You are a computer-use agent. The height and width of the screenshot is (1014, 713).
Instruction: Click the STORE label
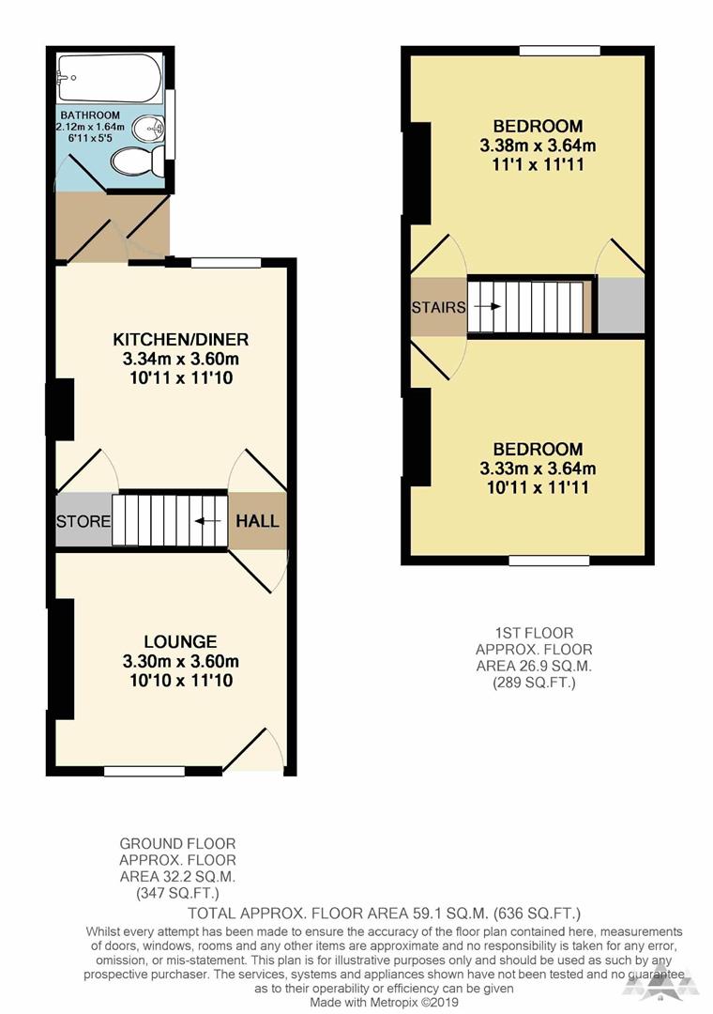pos(83,521)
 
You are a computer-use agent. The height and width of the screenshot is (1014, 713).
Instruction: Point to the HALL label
pos(257,521)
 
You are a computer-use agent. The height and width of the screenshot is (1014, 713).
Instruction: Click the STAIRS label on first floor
pos(438,307)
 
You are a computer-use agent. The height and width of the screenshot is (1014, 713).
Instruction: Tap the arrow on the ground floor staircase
pos(201,521)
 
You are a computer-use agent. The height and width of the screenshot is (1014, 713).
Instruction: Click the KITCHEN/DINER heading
pos(181,339)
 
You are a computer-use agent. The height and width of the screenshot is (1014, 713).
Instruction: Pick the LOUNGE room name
pos(182,642)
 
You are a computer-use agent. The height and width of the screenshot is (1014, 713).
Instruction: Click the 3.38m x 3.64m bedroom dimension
pos(539,146)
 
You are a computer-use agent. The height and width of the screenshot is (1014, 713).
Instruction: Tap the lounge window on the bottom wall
pos(143,772)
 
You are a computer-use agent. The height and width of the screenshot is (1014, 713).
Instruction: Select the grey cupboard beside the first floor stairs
pos(621,305)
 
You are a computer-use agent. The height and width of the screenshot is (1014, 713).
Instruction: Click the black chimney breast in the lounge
pos(62,659)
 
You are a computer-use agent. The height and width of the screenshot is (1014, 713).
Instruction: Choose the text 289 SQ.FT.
pos(534,683)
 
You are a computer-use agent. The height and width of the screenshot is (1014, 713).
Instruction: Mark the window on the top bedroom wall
pos(560,50)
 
